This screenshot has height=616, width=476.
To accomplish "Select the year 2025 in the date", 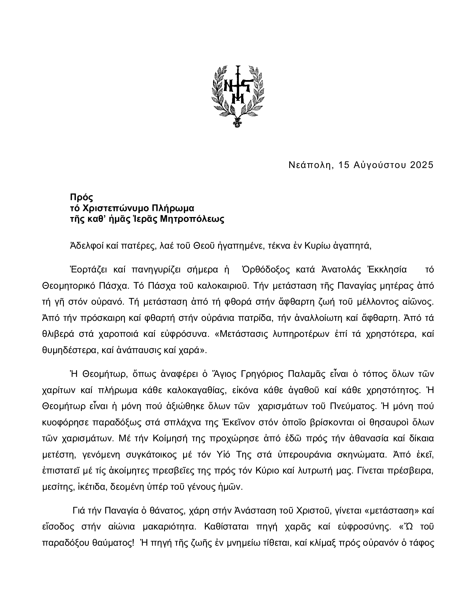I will pyautogui.click(x=420, y=165).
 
